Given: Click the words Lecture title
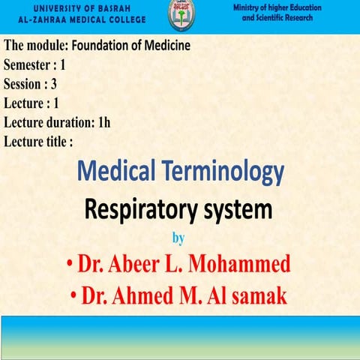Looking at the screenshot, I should pyautogui.click(x=38, y=140).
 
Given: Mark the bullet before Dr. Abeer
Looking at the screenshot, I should pyautogui.click(x=69, y=264).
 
